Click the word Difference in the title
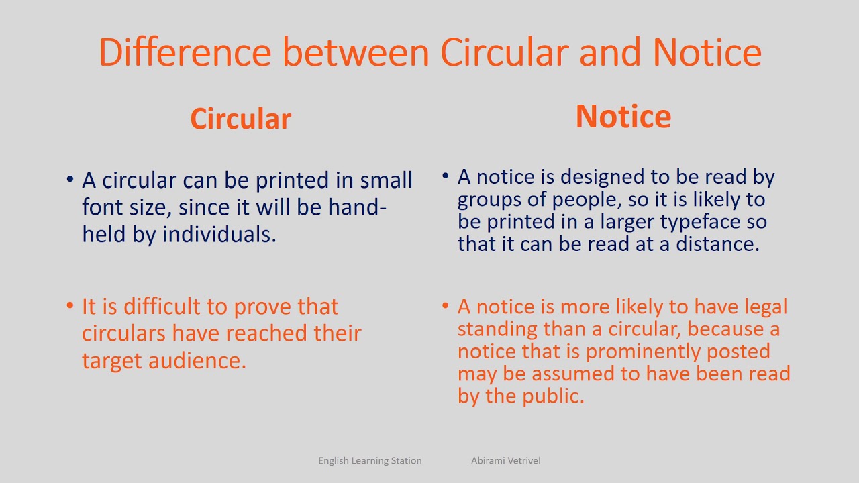pos(185,52)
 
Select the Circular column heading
pos(240,119)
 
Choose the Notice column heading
pos(623,116)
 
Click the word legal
pos(765,307)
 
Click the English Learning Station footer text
pos(370,461)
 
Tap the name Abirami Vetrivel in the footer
pos(505,461)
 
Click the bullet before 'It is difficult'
pos(70,307)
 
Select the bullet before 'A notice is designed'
pos(446,176)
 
